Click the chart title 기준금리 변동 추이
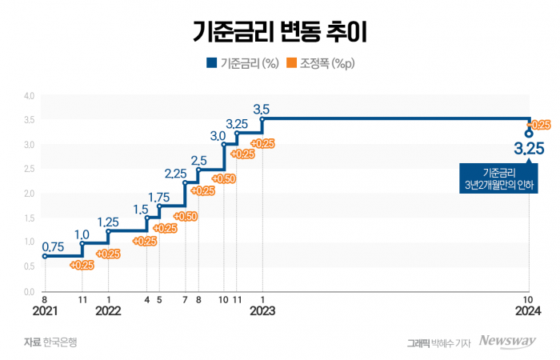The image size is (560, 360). click(x=280, y=31)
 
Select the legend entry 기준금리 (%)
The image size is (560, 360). click(x=242, y=63)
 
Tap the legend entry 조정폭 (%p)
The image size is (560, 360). click(x=322, y=63)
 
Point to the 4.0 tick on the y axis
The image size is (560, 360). click(x=29, y=96)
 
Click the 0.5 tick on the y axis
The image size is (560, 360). click(x=29, y=267)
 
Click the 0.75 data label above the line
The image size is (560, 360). click(x=53, y=246)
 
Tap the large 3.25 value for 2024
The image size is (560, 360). click(x=529, y=149)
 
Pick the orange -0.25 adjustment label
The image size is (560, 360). click(x=539, y=125)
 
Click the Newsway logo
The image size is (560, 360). click(x=507, y=342)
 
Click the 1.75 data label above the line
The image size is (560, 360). click(x=159, y=197)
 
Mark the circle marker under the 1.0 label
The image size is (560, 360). click(x=82, y=244)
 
